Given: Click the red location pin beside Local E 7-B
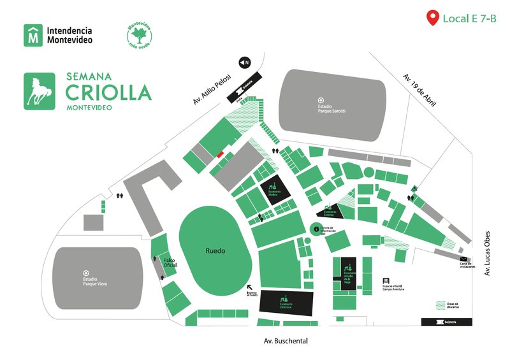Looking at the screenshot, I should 433,18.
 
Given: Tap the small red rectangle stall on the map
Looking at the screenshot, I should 220,154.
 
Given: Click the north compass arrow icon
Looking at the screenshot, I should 244,62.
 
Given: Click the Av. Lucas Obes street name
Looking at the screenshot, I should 486,253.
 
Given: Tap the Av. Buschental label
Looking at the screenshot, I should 286,342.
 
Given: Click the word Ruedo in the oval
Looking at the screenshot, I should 215,251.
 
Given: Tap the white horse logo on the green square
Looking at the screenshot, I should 40,92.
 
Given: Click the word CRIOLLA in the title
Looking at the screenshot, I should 108,92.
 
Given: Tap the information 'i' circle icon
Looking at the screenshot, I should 314,229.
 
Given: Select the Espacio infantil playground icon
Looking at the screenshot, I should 386,280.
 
